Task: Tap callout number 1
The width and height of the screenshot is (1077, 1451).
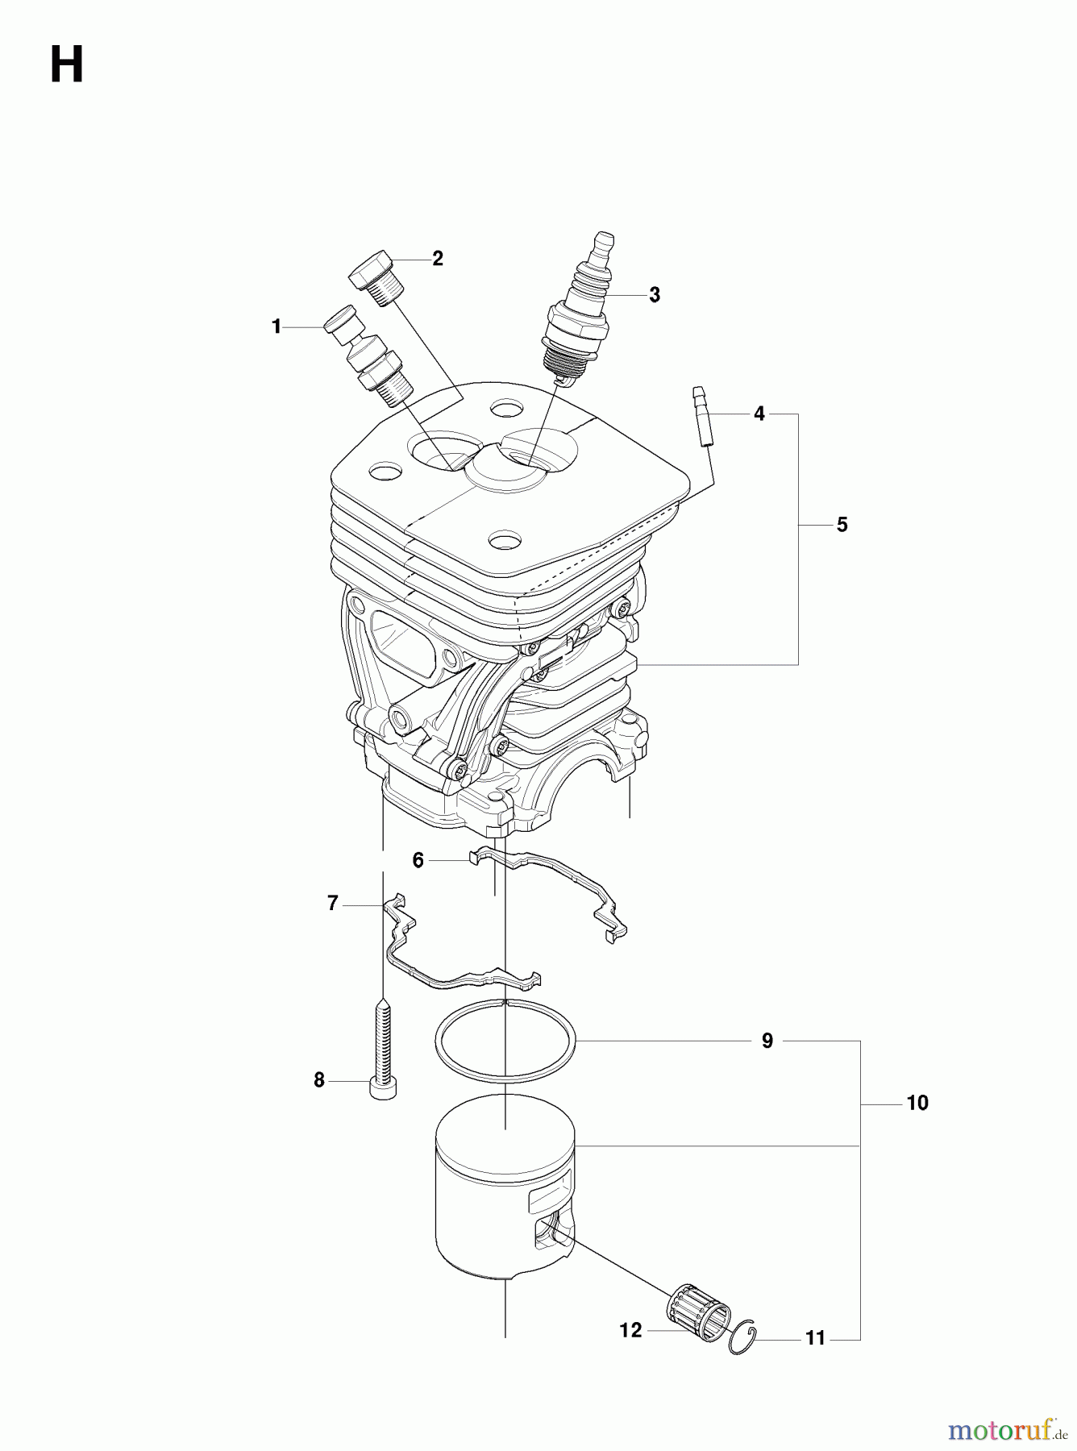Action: (x=277, y=326)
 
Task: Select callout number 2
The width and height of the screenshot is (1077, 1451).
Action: (x=437, y=258)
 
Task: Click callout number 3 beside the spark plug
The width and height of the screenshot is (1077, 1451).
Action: (x=654, y=295)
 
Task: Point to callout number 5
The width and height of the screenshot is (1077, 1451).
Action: (x=842, y=525)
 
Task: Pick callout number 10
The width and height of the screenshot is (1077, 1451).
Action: (x=917, y=1103)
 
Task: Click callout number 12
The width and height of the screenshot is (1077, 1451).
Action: (x=630, y=1330)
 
